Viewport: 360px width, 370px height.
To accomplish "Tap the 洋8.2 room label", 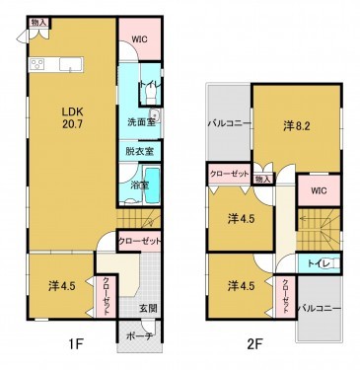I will pyautogui.click(x=297, y=125).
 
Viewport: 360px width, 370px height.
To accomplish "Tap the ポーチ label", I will pyautogui.click(x=137, y=336).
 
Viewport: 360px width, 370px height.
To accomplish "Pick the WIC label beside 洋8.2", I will pyautogui.click(x=318, y=189).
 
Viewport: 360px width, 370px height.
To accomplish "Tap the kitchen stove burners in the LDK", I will pyautogui.click(x=38, y=65).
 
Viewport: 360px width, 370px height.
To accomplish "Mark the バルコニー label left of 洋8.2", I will pyautogui.click(x=228, y=125).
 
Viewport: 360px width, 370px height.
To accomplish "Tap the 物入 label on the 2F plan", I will pyautogui.click(x=262, y=179).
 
